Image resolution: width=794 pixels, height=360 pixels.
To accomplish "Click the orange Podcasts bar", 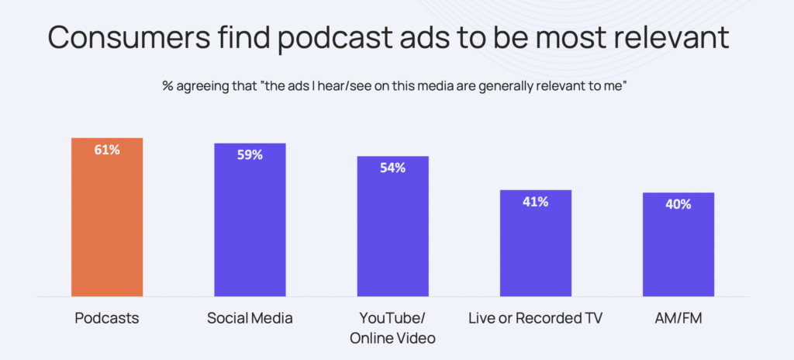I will pyautogui.click(x=107, y=217).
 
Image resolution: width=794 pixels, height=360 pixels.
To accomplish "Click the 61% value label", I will pyautogui.click(x=107, y=150).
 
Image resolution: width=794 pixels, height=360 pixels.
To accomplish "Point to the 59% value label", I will pyautogui.click(x=250, y=155).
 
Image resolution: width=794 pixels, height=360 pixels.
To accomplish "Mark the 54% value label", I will pyautogui.click(x=392, y=168).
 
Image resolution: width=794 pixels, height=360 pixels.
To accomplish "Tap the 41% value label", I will pyautogui.click(x=535, y=202).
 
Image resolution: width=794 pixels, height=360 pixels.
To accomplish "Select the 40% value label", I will pyautogui.click(x=678, y=205).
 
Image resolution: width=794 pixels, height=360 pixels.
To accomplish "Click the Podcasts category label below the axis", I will pyautogui.click(x=107, y=319).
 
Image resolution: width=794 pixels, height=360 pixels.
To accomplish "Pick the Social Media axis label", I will pyautogui.click(x=250, y=319).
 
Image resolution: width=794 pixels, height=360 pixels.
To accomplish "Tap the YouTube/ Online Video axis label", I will pyautogui.click(x=392, y=328).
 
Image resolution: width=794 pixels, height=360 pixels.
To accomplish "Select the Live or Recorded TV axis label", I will pyautogui.click(x=535, y=319).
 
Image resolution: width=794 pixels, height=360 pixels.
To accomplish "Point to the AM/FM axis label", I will pyautogui.click(x=678, y=319).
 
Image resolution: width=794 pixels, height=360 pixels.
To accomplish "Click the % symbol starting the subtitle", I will pyautogui.click(x=167, y=86).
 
